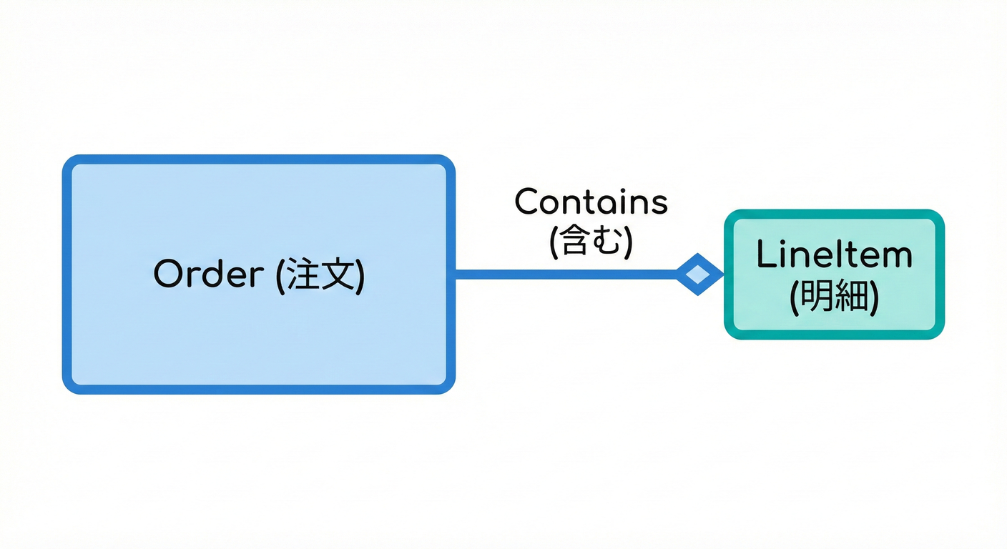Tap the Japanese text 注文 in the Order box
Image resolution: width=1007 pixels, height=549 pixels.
[320, 274]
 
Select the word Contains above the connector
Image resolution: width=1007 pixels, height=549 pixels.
[591, 202]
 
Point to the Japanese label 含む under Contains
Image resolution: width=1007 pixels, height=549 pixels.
[591, 242]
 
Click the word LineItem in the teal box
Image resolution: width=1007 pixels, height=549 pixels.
[834, 255]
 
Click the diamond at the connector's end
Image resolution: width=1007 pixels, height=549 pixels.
[699, 274]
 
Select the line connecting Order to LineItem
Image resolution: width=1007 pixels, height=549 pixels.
[565, 274]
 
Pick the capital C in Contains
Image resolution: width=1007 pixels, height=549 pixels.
[528, 202]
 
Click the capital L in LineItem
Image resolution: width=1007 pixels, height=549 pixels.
[766, 255]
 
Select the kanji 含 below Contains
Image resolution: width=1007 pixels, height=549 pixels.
[576, 242]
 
